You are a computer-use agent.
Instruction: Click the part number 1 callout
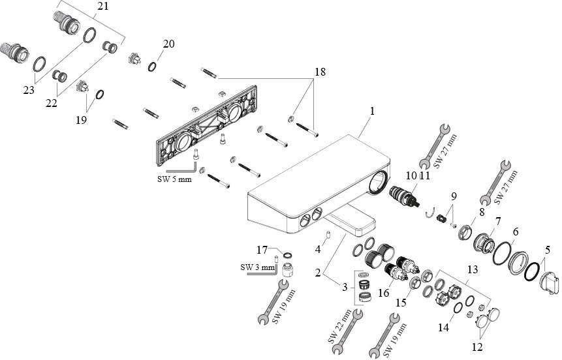[x=371, y=112]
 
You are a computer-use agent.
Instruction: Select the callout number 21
[x=103, y=7]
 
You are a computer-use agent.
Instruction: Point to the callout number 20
[x=168, y=44]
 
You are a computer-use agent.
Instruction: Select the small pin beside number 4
[x=330, y=233]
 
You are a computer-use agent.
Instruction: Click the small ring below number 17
[x=288, y=255]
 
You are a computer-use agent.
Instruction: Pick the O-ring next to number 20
[x=151, y=66]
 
